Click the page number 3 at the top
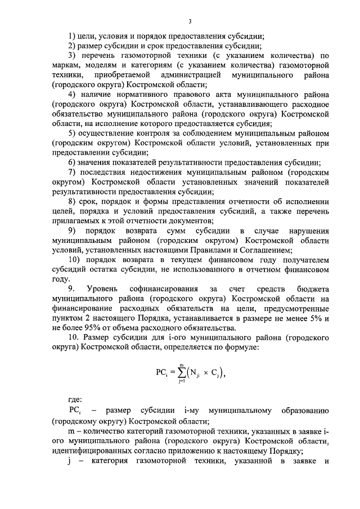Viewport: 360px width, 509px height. [x=190, y=21]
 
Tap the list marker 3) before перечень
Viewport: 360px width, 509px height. [x=71, y=56]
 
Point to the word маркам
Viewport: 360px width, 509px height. [x=64, y=66]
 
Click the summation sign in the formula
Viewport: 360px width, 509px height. [x=182, y=373]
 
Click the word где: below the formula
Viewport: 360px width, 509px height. [x=71, y=400]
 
